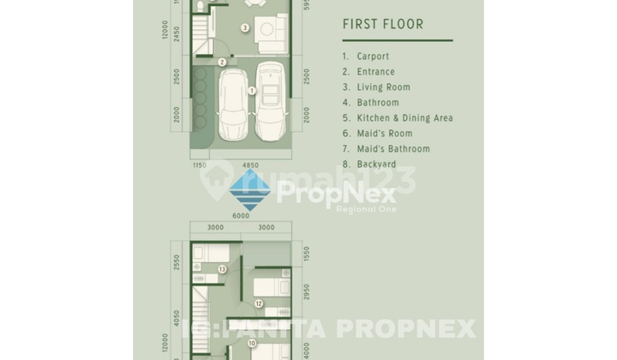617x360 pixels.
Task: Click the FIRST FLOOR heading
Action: coord(382,24)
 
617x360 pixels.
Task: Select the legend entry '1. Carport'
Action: coord(366,57)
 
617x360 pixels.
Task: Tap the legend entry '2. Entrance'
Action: coord(368,72)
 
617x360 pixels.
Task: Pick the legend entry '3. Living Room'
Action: coord(376,87)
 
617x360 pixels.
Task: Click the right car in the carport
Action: coord(272,101)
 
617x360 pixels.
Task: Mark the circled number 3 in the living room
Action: coord(245,28)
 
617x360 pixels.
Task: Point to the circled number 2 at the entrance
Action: coord(222,62)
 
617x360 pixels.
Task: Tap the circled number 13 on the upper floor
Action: coord(222,269)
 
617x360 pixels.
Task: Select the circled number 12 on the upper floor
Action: coord(259,303)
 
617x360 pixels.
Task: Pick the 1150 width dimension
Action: coord(199,165)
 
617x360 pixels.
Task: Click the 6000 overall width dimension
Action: coord(241,216)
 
